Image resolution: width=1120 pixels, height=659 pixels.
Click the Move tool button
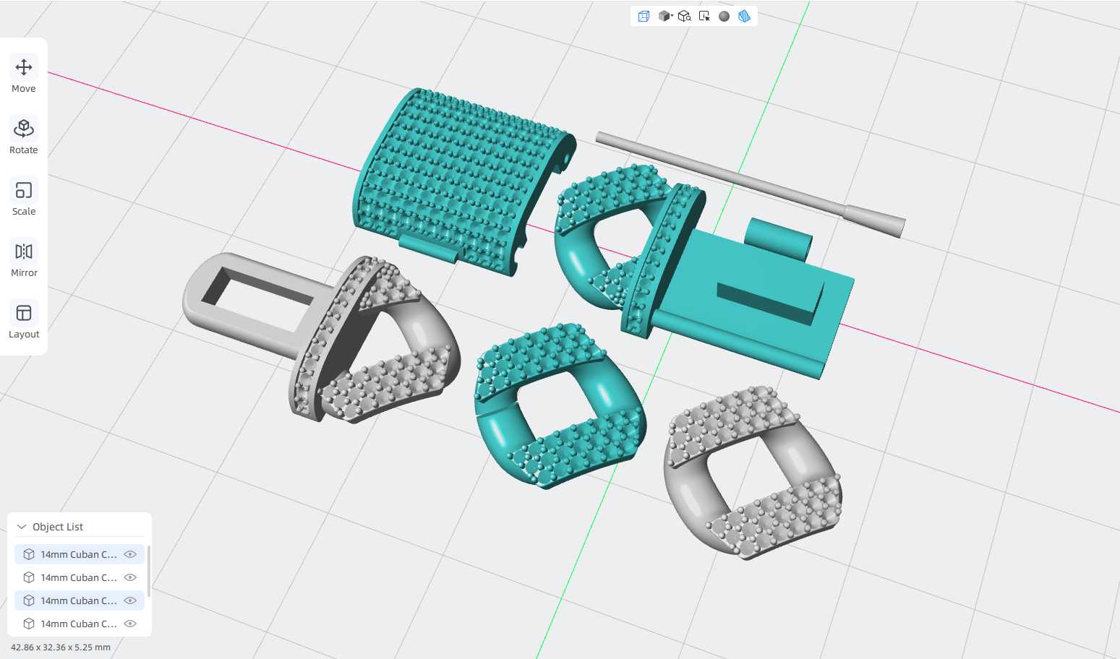click(x=24, y=73)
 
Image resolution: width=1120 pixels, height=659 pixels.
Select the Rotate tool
click(x=24, y=134)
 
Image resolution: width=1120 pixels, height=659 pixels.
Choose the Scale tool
click(x=24, y=196)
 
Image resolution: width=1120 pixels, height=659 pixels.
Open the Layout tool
click(x=24, y=319)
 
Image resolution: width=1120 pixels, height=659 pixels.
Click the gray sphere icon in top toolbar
click(x=724, y=17)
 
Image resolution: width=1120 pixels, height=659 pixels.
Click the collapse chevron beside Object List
click(x=22, y=527)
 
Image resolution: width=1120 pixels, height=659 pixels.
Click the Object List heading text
click(x=58, y=527)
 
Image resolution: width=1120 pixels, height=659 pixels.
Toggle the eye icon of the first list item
click(x=130, y=554)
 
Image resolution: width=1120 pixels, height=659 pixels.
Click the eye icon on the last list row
click(x=130, y=624)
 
